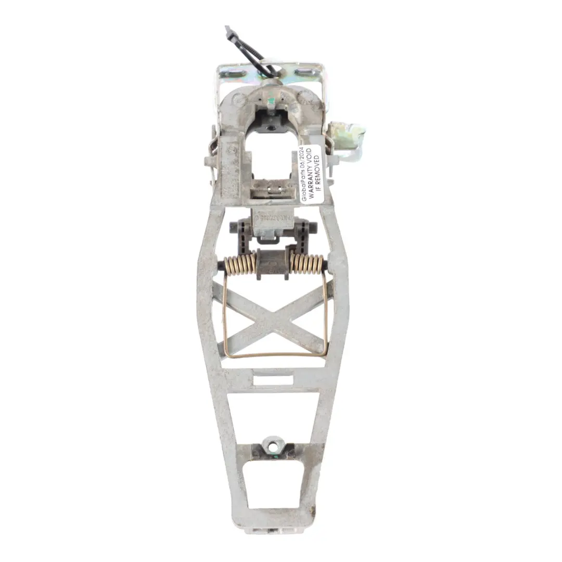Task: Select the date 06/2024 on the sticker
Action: point(305,158)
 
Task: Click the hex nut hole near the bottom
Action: point(273,444)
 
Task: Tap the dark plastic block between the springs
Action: point(273,263)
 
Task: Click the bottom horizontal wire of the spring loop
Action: point(275,356)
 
